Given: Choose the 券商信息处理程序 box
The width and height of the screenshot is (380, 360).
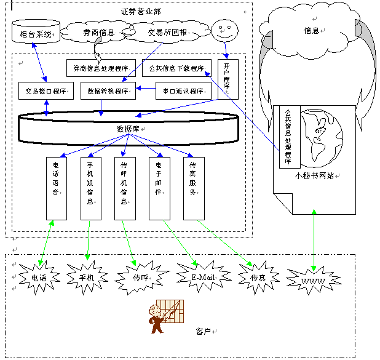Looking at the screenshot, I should (101, 68).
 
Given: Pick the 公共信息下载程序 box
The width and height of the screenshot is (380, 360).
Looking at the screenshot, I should (176, 68).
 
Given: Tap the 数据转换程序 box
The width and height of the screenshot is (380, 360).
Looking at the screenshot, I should (108, 90).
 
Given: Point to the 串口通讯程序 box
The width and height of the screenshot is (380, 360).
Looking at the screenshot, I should (180, 90).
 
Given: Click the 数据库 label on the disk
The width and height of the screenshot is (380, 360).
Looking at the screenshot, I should (128, 129).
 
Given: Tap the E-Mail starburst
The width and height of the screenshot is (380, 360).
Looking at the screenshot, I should (202, 277).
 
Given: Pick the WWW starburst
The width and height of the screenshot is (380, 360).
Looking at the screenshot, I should (312, 280).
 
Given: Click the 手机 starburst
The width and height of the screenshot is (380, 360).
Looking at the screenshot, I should (86, 278).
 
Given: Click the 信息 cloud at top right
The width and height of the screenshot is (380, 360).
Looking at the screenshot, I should (311, 30).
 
